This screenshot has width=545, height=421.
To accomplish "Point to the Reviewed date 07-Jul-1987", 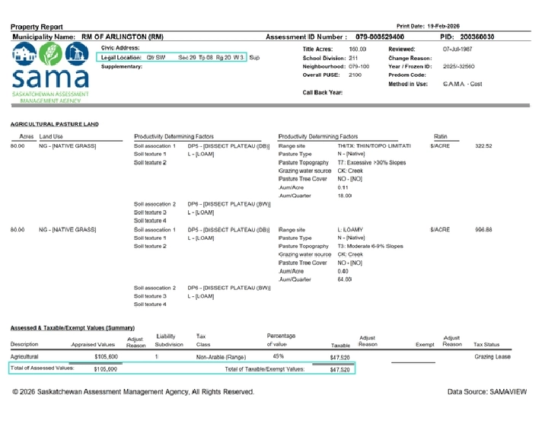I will (457, 48).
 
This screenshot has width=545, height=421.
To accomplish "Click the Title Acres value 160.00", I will (357, 48).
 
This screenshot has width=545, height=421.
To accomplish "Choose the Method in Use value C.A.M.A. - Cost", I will (462, 84).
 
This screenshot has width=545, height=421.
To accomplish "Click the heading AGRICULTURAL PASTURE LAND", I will (55, 124).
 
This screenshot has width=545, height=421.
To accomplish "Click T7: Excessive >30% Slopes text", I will (371, 162).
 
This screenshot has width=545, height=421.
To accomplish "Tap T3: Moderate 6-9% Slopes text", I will (371, 246).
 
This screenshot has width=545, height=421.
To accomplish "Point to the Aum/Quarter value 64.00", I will (345, 279).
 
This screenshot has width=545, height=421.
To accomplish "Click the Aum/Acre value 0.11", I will (343, 187).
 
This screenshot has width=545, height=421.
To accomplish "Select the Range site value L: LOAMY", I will (350, 229).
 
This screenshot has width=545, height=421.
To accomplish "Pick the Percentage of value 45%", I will (278, 356).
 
